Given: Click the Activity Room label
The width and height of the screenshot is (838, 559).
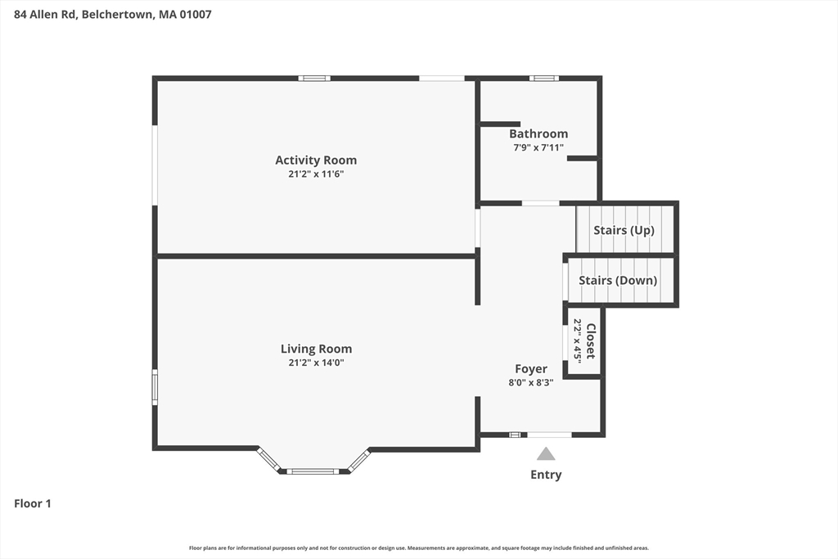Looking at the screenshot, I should pyautogui.click(x=316, y=160).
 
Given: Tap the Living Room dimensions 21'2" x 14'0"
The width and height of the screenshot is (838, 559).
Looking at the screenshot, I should pyautogui.click(x=316, y=362).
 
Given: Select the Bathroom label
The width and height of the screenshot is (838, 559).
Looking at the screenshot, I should pyautogui.click(x=538, y=133).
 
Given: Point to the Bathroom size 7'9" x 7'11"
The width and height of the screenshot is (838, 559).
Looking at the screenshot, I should pyautogui.click(x=538, y=147).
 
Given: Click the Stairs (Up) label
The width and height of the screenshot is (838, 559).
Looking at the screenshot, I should pyautogui.click(x=624, y=230).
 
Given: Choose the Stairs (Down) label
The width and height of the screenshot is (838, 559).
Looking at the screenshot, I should pyautogui.click(x=618, y=280).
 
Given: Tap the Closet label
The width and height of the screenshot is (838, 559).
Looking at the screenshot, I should pyautogui.click(x=591, y=341).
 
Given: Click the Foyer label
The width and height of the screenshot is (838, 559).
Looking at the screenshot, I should pyautogui.click(x=531, y=369).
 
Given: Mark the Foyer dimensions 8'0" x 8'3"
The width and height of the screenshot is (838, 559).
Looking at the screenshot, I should pyautogui.click(x=531, y=382).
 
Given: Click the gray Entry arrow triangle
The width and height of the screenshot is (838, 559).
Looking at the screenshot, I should pyautogui.click(x=546, y=454).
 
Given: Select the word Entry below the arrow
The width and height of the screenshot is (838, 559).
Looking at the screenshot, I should pyautogui.click(x=546, y=475).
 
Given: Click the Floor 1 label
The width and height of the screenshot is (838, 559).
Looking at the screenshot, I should pyautogui.click(x=33, y=503).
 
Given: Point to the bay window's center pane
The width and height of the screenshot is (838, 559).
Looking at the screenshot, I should pyautogui.click(x=313, y=471).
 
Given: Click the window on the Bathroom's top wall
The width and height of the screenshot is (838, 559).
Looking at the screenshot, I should pyautogui.click(x=543, y=79).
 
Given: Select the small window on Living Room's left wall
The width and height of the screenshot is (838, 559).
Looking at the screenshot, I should pyautogui.click(x=155, y=386).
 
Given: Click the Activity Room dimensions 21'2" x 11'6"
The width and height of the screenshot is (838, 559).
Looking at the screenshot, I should pyautogui.click(x=316, y=174).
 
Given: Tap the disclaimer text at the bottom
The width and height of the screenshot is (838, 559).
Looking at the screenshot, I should pyautogui.click(x=419, y=548).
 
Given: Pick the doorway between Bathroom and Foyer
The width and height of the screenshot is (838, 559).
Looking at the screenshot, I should pyautogui.click(x=540, y=203).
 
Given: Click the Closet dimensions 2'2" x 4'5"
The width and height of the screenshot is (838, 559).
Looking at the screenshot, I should pyautogui.click(x=578, y=341).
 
